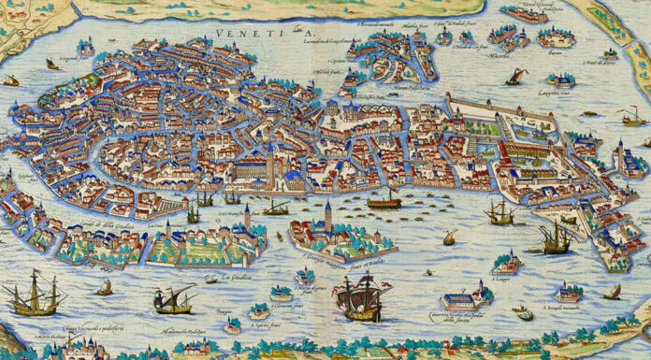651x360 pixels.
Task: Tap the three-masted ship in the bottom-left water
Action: point(34,299)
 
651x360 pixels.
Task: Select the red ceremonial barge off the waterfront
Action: point(383,200)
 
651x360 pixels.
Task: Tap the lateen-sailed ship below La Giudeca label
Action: point(174,299)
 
